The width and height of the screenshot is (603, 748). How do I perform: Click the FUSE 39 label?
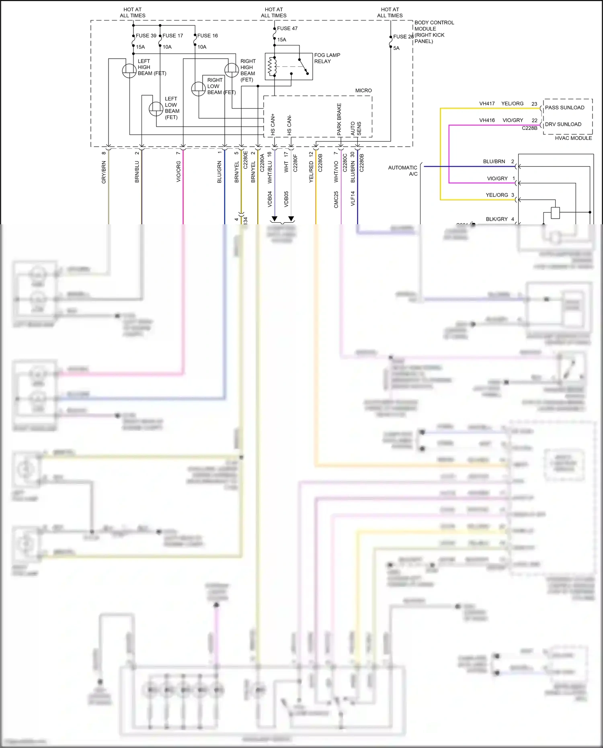146,36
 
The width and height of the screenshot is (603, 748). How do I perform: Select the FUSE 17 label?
173,36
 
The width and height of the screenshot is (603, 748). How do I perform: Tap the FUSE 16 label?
207,36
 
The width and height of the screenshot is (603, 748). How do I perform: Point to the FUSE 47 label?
287,29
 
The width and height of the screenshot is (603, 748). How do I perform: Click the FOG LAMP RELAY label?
327,58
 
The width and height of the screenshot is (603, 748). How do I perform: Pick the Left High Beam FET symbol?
129,71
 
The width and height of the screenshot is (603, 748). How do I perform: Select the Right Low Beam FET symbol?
198,88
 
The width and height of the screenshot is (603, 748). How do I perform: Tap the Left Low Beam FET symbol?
156,109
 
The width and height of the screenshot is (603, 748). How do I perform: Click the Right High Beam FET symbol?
231,70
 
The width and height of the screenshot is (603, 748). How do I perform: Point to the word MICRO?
363,91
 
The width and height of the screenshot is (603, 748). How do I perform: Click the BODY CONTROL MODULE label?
434,32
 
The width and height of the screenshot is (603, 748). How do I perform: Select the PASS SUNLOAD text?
564,108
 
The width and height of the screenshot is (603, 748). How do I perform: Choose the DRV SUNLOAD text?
563,125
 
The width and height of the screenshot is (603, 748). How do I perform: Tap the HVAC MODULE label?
573,138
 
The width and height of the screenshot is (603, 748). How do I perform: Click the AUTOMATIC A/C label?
403,171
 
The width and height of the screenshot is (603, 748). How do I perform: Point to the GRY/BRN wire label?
104,172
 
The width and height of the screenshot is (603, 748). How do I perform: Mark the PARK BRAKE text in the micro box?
339,119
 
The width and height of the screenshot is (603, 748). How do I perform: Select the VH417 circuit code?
487,104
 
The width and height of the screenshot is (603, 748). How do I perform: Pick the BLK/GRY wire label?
496,219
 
